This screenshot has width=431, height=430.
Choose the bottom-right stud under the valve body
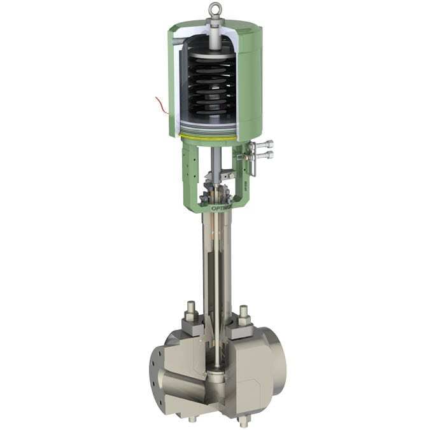point(243,420)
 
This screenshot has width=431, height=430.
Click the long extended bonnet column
point(215,267)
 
